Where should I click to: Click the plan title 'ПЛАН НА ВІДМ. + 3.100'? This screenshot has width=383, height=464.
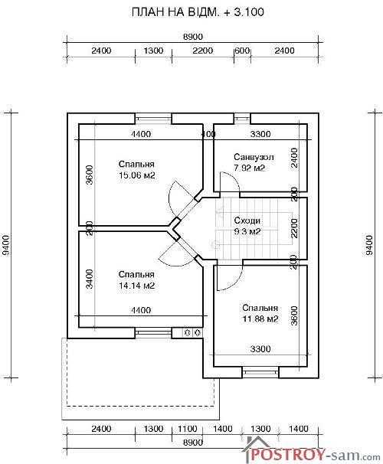pos(198,12)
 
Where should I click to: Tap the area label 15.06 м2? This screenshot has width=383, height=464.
pos(137,175)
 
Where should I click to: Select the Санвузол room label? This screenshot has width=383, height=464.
pos(254,157)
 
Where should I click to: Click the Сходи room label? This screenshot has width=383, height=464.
pos(247,221)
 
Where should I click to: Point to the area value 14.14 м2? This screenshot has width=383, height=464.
pos(137,286)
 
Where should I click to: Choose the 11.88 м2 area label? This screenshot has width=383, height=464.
pos(260,319)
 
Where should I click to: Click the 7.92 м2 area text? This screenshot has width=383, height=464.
pos(249,168)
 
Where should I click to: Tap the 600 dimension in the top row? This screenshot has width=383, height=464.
pos(242,51)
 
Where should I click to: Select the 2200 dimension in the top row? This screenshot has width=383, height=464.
pos(203,51)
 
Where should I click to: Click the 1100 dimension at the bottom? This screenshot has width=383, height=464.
pos(188,429)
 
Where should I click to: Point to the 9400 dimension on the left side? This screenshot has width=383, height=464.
pos(6,245)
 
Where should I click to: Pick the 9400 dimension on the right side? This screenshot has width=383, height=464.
pos(369,245)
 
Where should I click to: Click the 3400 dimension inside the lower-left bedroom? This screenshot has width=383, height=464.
pos(89,279)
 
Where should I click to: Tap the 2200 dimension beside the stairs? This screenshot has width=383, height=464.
pos(294,228)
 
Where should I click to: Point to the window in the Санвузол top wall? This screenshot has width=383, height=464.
pos(242,119)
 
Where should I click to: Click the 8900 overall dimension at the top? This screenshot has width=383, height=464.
pos(193,37)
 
